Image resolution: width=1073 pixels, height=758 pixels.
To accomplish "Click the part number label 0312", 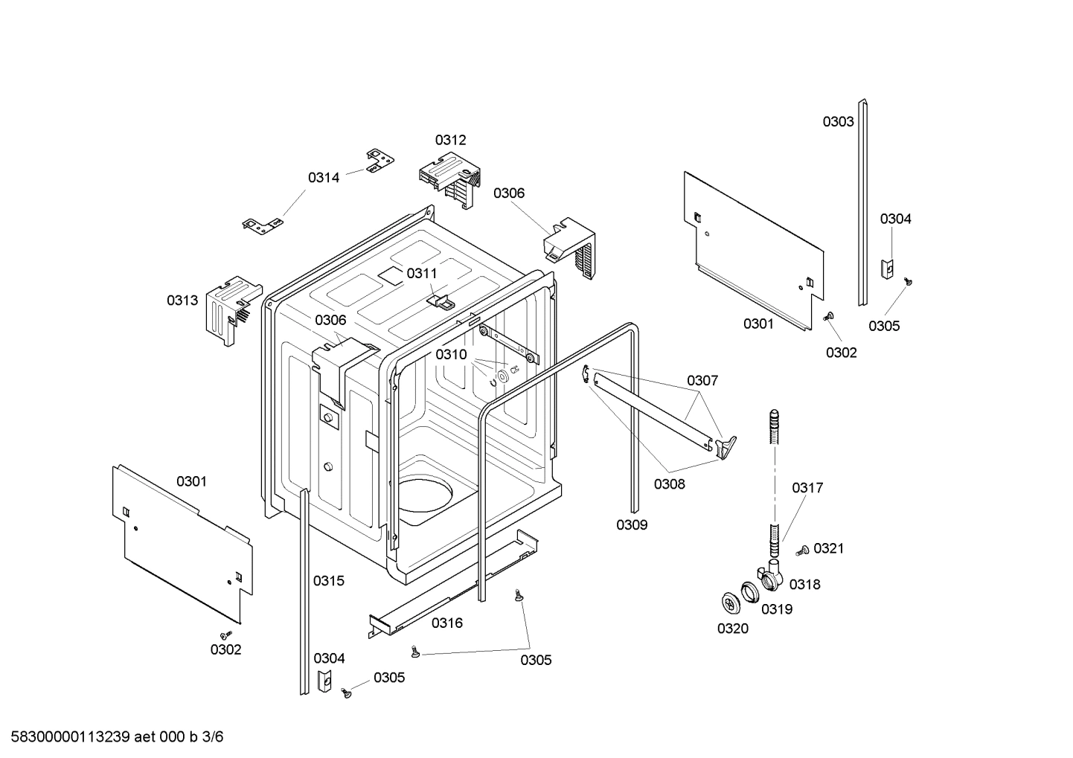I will click(x=451, y=140).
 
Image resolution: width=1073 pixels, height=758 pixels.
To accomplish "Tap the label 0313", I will click(x=182, y=301).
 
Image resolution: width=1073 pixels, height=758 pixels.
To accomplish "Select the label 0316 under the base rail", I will click(x=446, y=623).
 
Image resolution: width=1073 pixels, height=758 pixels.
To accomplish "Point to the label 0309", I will click(x=632, y=525).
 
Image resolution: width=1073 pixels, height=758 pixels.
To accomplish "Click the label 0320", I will click(x=733, y=629).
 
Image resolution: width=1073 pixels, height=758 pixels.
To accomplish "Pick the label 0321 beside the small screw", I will click(x=828, y=549).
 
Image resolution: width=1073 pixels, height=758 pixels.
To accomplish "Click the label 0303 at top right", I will click(x=838, y=122).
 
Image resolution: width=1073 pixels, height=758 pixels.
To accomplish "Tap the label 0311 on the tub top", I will click(x=422, y=274).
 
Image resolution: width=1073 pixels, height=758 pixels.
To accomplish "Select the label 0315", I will click(x=329, y=581).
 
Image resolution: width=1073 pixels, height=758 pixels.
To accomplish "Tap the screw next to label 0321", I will click(x=802, y=551).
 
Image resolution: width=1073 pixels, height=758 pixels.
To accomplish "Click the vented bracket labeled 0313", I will click(x=231, y=309).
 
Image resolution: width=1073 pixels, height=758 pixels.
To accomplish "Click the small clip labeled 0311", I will click(x=439, y=301).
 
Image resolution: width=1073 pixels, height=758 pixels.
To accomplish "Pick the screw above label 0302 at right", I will click(x=828, y=318).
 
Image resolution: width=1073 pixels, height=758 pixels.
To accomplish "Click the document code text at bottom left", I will click(x=112, y=737).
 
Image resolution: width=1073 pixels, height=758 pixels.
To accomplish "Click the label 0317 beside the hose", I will click(x=807, y=488).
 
